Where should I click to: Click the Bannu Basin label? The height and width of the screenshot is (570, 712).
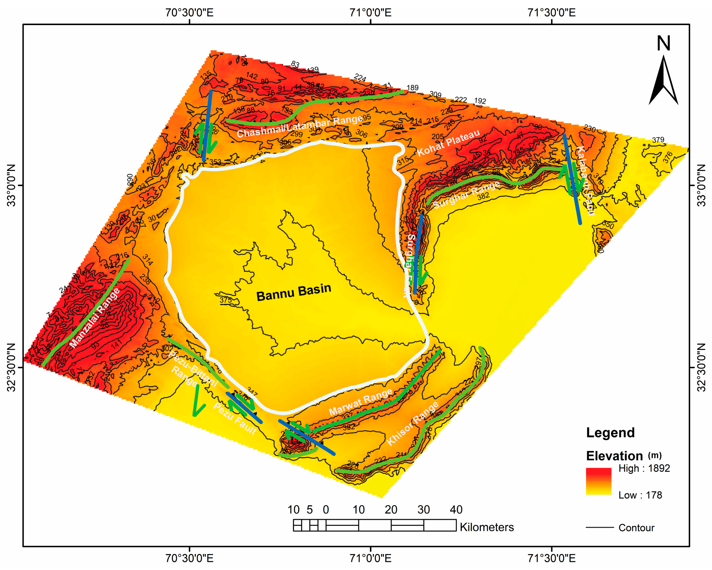(294, 292)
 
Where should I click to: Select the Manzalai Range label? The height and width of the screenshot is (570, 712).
(95, 318)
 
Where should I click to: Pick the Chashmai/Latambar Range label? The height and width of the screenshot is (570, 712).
(300, 127)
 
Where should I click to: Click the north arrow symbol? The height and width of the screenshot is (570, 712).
(663, 81)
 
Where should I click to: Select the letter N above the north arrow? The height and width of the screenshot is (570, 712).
(663, 43)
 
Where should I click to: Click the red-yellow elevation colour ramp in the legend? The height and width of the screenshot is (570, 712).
(598, 481)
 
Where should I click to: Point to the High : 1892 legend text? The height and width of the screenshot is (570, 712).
(644, 468)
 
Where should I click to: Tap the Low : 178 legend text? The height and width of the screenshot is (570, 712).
(640, 495)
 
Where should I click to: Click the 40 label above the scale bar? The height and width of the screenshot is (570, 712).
(456, 510)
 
